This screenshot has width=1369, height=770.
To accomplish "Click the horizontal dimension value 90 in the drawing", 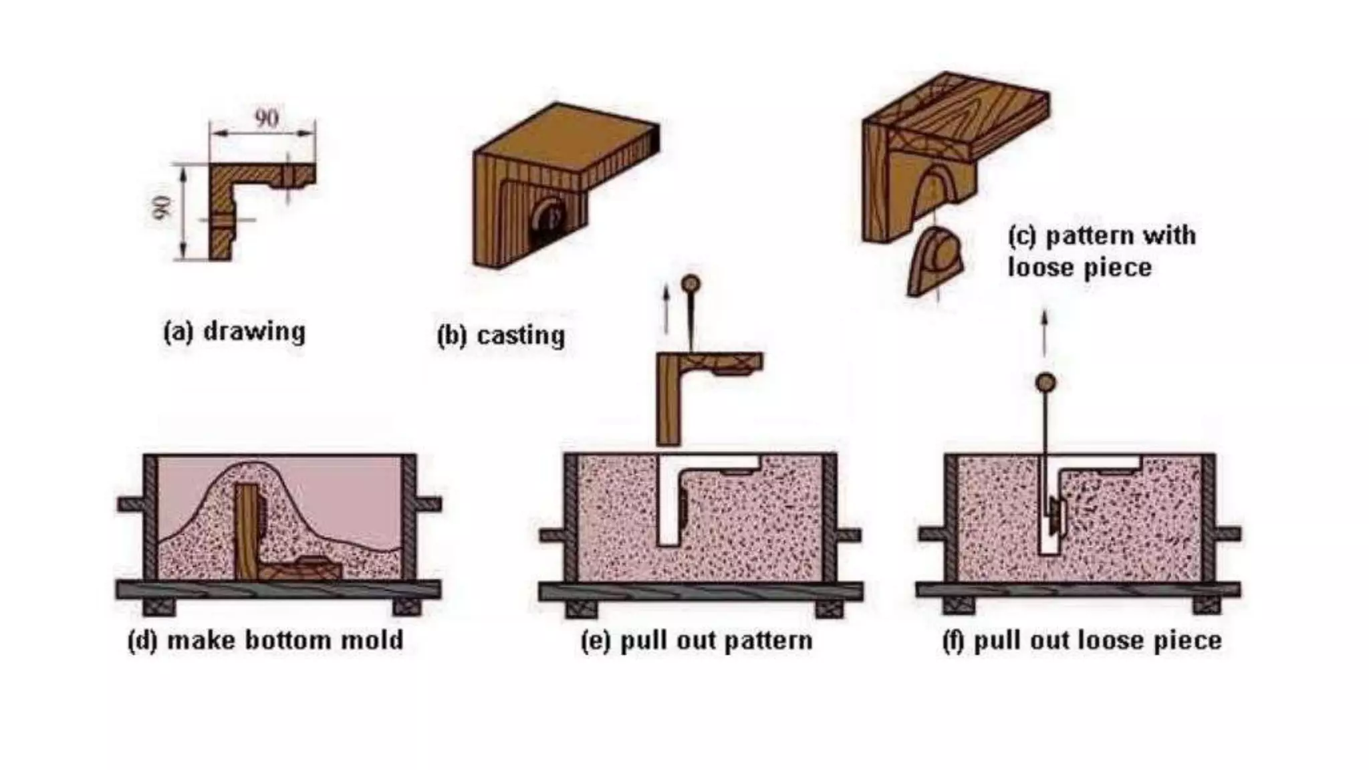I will (267, 119).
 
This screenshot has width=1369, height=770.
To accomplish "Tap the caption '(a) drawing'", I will (235, 332).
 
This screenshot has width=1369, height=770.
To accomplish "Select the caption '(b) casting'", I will (501, 336).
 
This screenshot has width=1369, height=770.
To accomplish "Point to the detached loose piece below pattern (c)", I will (935, 261).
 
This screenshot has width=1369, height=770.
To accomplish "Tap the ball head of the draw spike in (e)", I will (691, 284).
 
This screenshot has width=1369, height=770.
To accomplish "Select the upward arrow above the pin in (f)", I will (1045, 332).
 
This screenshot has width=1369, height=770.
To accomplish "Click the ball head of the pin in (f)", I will (1045, 383).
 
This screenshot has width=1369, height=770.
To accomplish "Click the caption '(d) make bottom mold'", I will (265, 640).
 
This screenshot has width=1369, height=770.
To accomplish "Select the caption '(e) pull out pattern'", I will (697, 641).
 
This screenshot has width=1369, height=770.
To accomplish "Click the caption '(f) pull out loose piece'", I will (1082, 641).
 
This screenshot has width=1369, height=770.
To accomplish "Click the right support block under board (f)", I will (1206, 606).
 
